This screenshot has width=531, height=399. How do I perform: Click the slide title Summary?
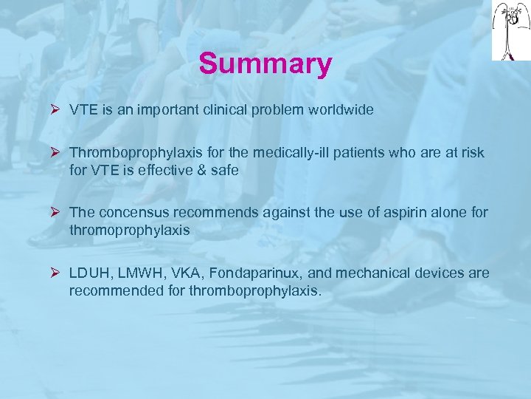click(265, 64)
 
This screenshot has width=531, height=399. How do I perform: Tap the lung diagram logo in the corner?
click(510, 30)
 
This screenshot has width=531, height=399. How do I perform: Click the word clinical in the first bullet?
click(224, 110)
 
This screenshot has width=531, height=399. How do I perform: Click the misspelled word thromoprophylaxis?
click(129, 230)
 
